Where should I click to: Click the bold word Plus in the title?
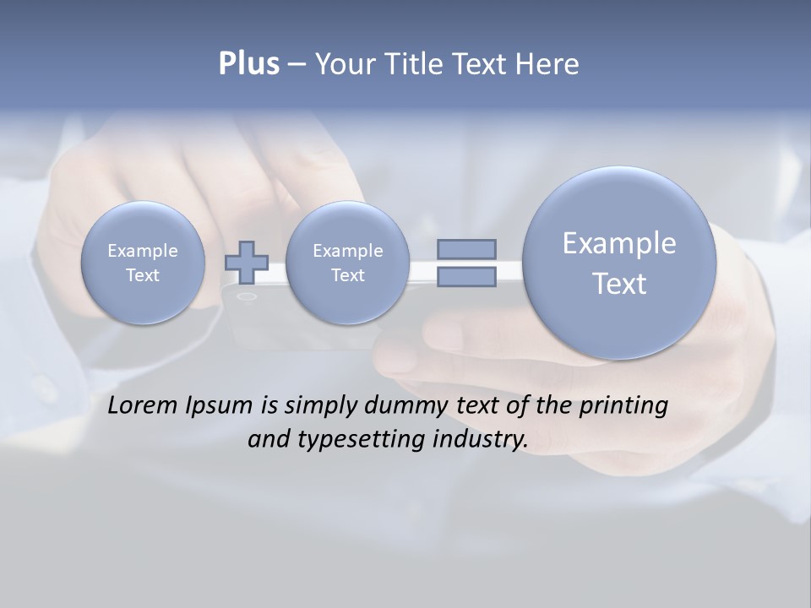pos(248,64)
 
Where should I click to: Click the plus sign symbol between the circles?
pos(247,262)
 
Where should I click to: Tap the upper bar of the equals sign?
pos(466,249)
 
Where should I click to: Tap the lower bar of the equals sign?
pos(466,276)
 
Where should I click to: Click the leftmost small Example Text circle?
pos(143,263)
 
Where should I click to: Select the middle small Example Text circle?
pos(347,263)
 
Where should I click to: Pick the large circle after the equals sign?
pos(619,263)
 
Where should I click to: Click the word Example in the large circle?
pos(619,243)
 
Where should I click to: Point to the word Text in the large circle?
pos(619,284)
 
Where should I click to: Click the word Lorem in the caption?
pos(143,405)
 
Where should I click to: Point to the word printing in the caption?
pos(623,406)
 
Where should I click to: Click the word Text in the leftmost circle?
pos(143,275)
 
